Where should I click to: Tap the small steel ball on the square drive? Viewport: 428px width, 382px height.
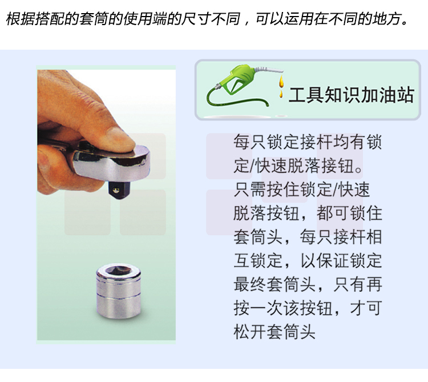point(116,190)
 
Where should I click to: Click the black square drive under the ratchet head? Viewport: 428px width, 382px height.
point(119,189)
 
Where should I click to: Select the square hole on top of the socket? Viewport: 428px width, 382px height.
point(118,270)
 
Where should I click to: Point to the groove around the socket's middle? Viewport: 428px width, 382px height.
point(119,295)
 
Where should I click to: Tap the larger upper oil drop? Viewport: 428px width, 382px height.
point(281,81)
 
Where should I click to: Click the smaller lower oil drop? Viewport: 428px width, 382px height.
point(280,94)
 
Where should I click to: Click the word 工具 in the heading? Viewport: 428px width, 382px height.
point(306,95)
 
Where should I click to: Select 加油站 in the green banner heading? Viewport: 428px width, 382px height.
point(387,95)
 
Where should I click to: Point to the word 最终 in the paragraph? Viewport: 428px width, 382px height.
point(250,284)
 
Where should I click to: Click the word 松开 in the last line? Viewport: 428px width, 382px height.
point(250,332)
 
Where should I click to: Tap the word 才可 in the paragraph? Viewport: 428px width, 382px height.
point(366,308)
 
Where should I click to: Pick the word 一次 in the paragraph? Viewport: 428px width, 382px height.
point(267,308)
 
